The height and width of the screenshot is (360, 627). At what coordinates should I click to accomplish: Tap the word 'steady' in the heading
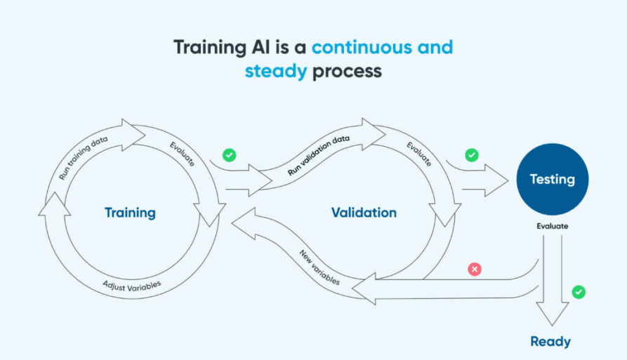pyautogui.click(x=276, y=72)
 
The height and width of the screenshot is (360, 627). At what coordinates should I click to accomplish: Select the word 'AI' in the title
pyautogui.click(x=260, y=47)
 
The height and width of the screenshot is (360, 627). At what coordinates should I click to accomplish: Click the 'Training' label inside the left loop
pyautogui.click(x=130, y=213)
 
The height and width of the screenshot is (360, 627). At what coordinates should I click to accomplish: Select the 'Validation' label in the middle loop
pyautogui.click(x=364, y=213)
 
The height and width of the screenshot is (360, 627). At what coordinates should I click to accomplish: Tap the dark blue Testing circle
pyautogui.click(x=553, y=179)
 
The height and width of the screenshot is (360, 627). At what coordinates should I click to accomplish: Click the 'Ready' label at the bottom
pyautogui.click(x=550, y=342)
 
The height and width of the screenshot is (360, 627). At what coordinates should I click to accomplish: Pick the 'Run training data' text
pyautogui.click(x=83, y=157)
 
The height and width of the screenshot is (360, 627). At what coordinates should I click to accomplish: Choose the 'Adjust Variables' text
pyautogui.click(x=132, y=286)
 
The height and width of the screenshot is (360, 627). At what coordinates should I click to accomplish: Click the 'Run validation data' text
pyautogui.click(x=319, y=155)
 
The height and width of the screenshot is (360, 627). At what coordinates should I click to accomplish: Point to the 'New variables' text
pyautogui.click(x=319, y=267)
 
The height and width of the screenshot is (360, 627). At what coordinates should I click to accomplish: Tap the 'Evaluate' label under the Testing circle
pyautogui.click(x=553, y=226)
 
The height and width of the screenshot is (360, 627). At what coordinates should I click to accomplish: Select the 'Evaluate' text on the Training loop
pyautogui.click(x=182, y=154)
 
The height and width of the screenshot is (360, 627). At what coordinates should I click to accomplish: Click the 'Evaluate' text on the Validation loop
pyautogui.click(x=419, y=154)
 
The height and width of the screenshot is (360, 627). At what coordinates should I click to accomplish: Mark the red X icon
pyautogui.click(x=475, y=269)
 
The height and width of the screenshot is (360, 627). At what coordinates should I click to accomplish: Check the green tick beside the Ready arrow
pyautogui.click(x=579, y=292)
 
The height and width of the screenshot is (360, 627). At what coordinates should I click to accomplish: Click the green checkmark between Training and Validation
pyautogui.click(x=229, y=155)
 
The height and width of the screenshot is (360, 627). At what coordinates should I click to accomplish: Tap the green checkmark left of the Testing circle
pyautogui.click(x=472, y=155)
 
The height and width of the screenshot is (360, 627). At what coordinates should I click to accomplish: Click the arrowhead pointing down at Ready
pyautogui.click(x=553, y=314)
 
